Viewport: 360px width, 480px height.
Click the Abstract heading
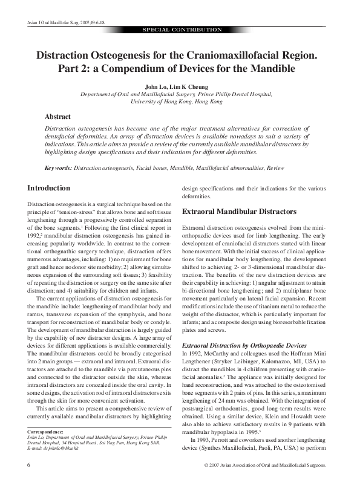(58, 117)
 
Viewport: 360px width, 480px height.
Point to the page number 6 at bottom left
(29, 465)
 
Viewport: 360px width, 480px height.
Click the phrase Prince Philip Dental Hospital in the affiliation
(236, 95)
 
